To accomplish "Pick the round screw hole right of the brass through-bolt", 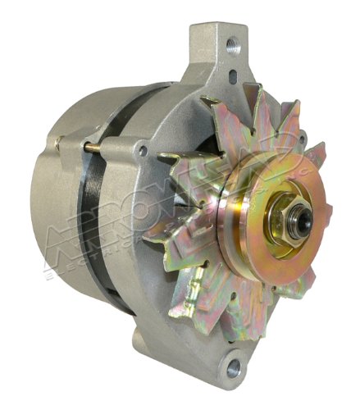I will (143, 152).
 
